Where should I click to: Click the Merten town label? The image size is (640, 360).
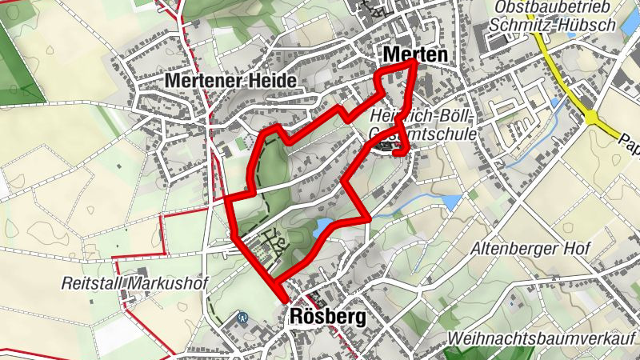[414, 54]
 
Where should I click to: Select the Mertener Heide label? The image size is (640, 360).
[231, 81]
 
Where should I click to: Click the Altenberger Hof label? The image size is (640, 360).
[535, 248]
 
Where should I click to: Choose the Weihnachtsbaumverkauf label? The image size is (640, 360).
[546, 338]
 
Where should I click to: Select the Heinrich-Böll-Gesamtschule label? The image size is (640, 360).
[424, 125]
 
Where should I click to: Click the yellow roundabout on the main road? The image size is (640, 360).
[592, 117]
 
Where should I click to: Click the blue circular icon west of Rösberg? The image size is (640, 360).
[241, 317]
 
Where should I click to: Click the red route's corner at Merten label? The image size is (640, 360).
[414, 62]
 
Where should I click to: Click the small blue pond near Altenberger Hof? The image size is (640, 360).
[452, 202]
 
